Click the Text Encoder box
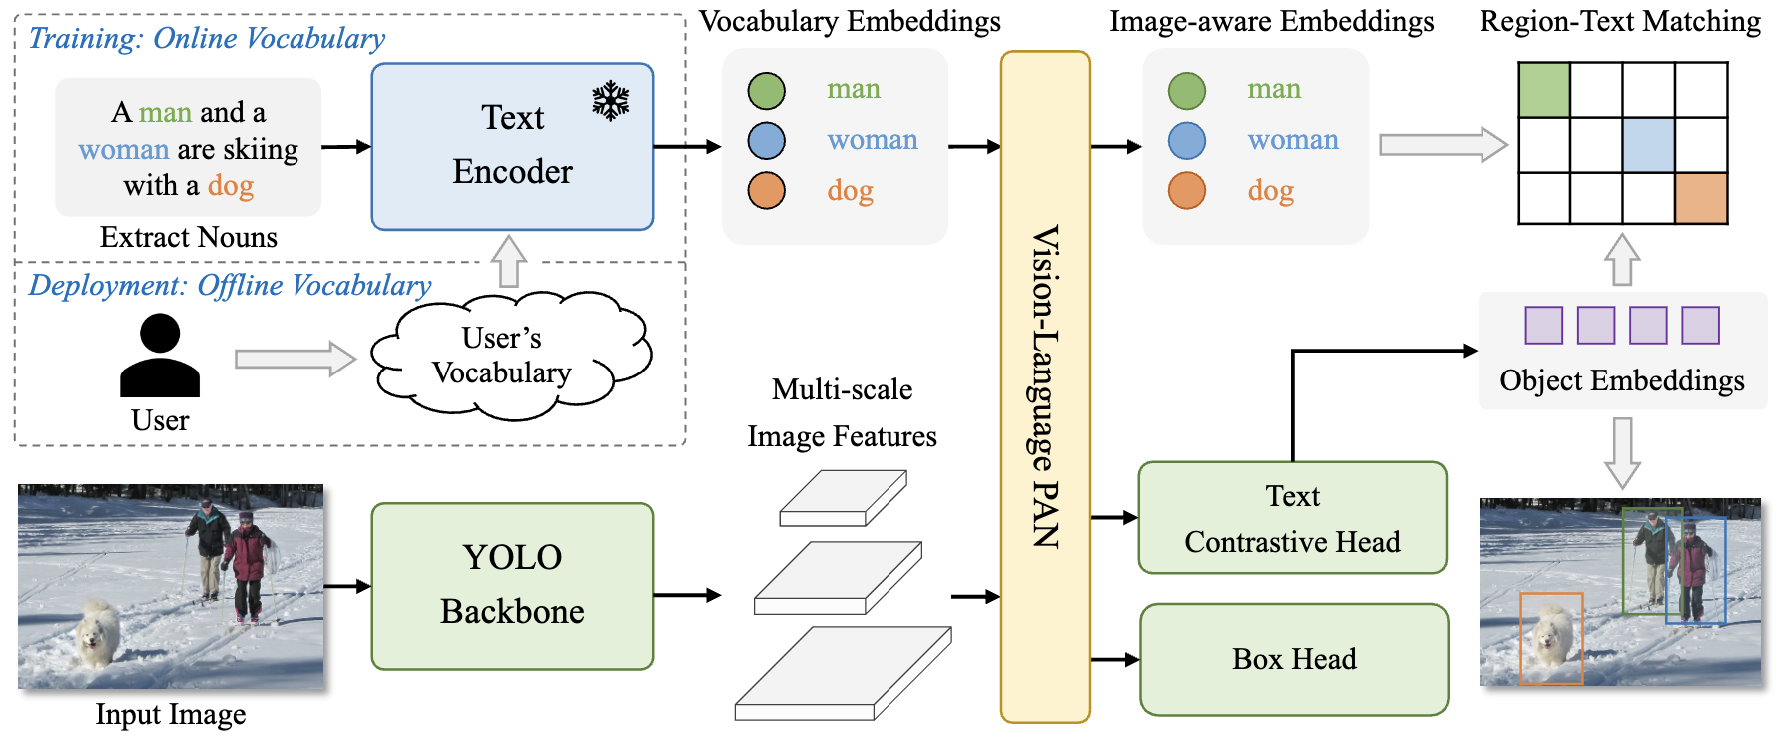(512, 146)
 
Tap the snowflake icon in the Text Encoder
(610, 101)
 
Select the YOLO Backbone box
(512, 585)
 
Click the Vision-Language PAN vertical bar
(1045, 386)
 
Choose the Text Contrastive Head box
(1292, 517)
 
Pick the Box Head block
(1294, 659)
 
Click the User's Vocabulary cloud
(509, 355)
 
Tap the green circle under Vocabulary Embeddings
(766, 91)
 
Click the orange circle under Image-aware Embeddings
(1186, 190)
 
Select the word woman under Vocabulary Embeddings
(872, 140)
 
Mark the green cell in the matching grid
(1543, 89)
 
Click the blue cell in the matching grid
(1648, 145)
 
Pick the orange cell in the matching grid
(1701, 198)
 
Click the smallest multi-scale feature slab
(843, 498)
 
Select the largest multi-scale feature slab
(843, 674)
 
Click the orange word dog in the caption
(231, 186)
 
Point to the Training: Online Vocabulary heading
(207, 38)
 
